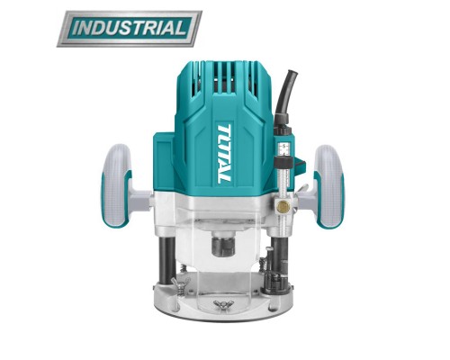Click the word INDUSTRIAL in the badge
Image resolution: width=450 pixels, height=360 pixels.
(130, 28)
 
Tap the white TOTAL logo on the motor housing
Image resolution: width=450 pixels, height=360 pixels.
(224, 153)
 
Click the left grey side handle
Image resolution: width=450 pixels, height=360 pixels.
(117, 185)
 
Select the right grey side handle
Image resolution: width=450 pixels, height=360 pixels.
(329, 186)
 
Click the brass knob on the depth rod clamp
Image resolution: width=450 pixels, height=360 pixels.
(283, 205)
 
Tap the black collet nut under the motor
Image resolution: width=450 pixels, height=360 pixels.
(222, 246)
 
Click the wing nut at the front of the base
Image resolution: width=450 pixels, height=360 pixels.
(224, 305)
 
